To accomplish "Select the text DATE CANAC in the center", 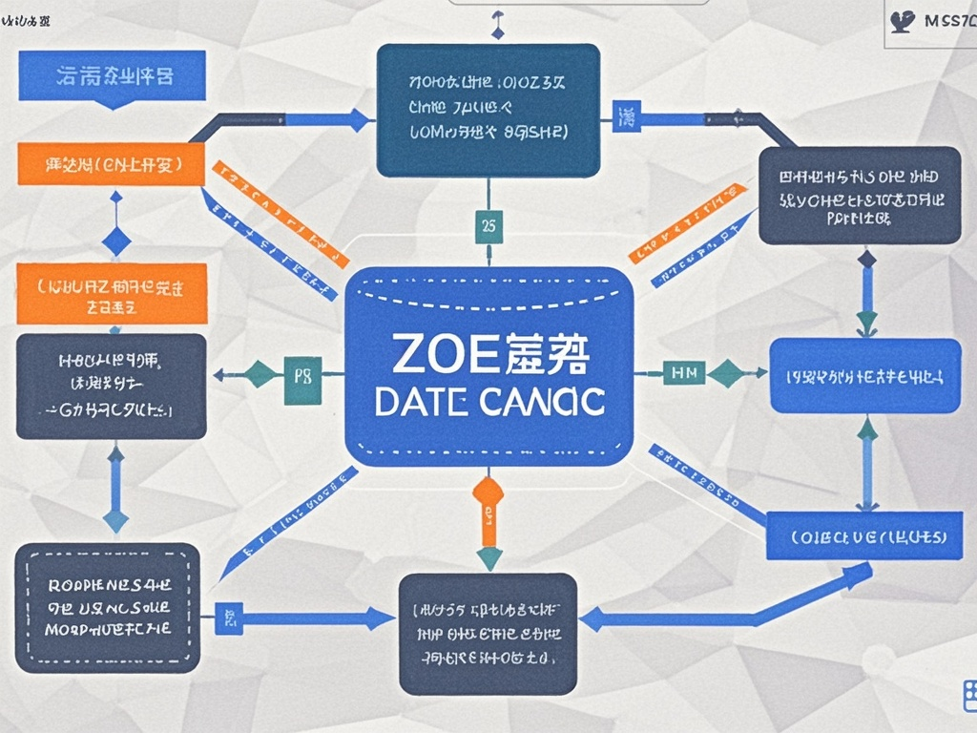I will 489,402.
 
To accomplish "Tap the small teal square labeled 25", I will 488,227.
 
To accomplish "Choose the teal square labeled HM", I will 684,374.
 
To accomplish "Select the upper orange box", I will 113,165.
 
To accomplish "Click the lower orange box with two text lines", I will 112,294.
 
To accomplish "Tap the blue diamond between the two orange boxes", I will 115,241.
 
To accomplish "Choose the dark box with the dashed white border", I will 108,607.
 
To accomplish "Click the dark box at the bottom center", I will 488,633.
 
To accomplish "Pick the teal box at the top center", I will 488,110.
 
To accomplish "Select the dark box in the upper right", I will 860,196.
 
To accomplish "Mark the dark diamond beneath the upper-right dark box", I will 866,259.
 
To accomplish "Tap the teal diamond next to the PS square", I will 260,374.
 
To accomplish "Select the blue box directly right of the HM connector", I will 864,376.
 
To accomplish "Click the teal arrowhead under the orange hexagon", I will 488,558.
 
